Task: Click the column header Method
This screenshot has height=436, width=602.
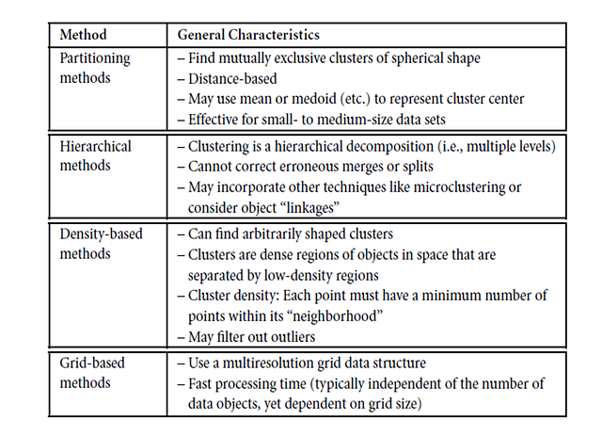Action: tap(83, 35)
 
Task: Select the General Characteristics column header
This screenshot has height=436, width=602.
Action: tap(248, 35)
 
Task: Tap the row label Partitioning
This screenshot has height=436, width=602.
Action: tap(94, 58)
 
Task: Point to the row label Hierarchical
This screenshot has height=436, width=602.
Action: tap(95, 147)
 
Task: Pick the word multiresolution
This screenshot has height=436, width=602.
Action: tap(266, 363)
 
